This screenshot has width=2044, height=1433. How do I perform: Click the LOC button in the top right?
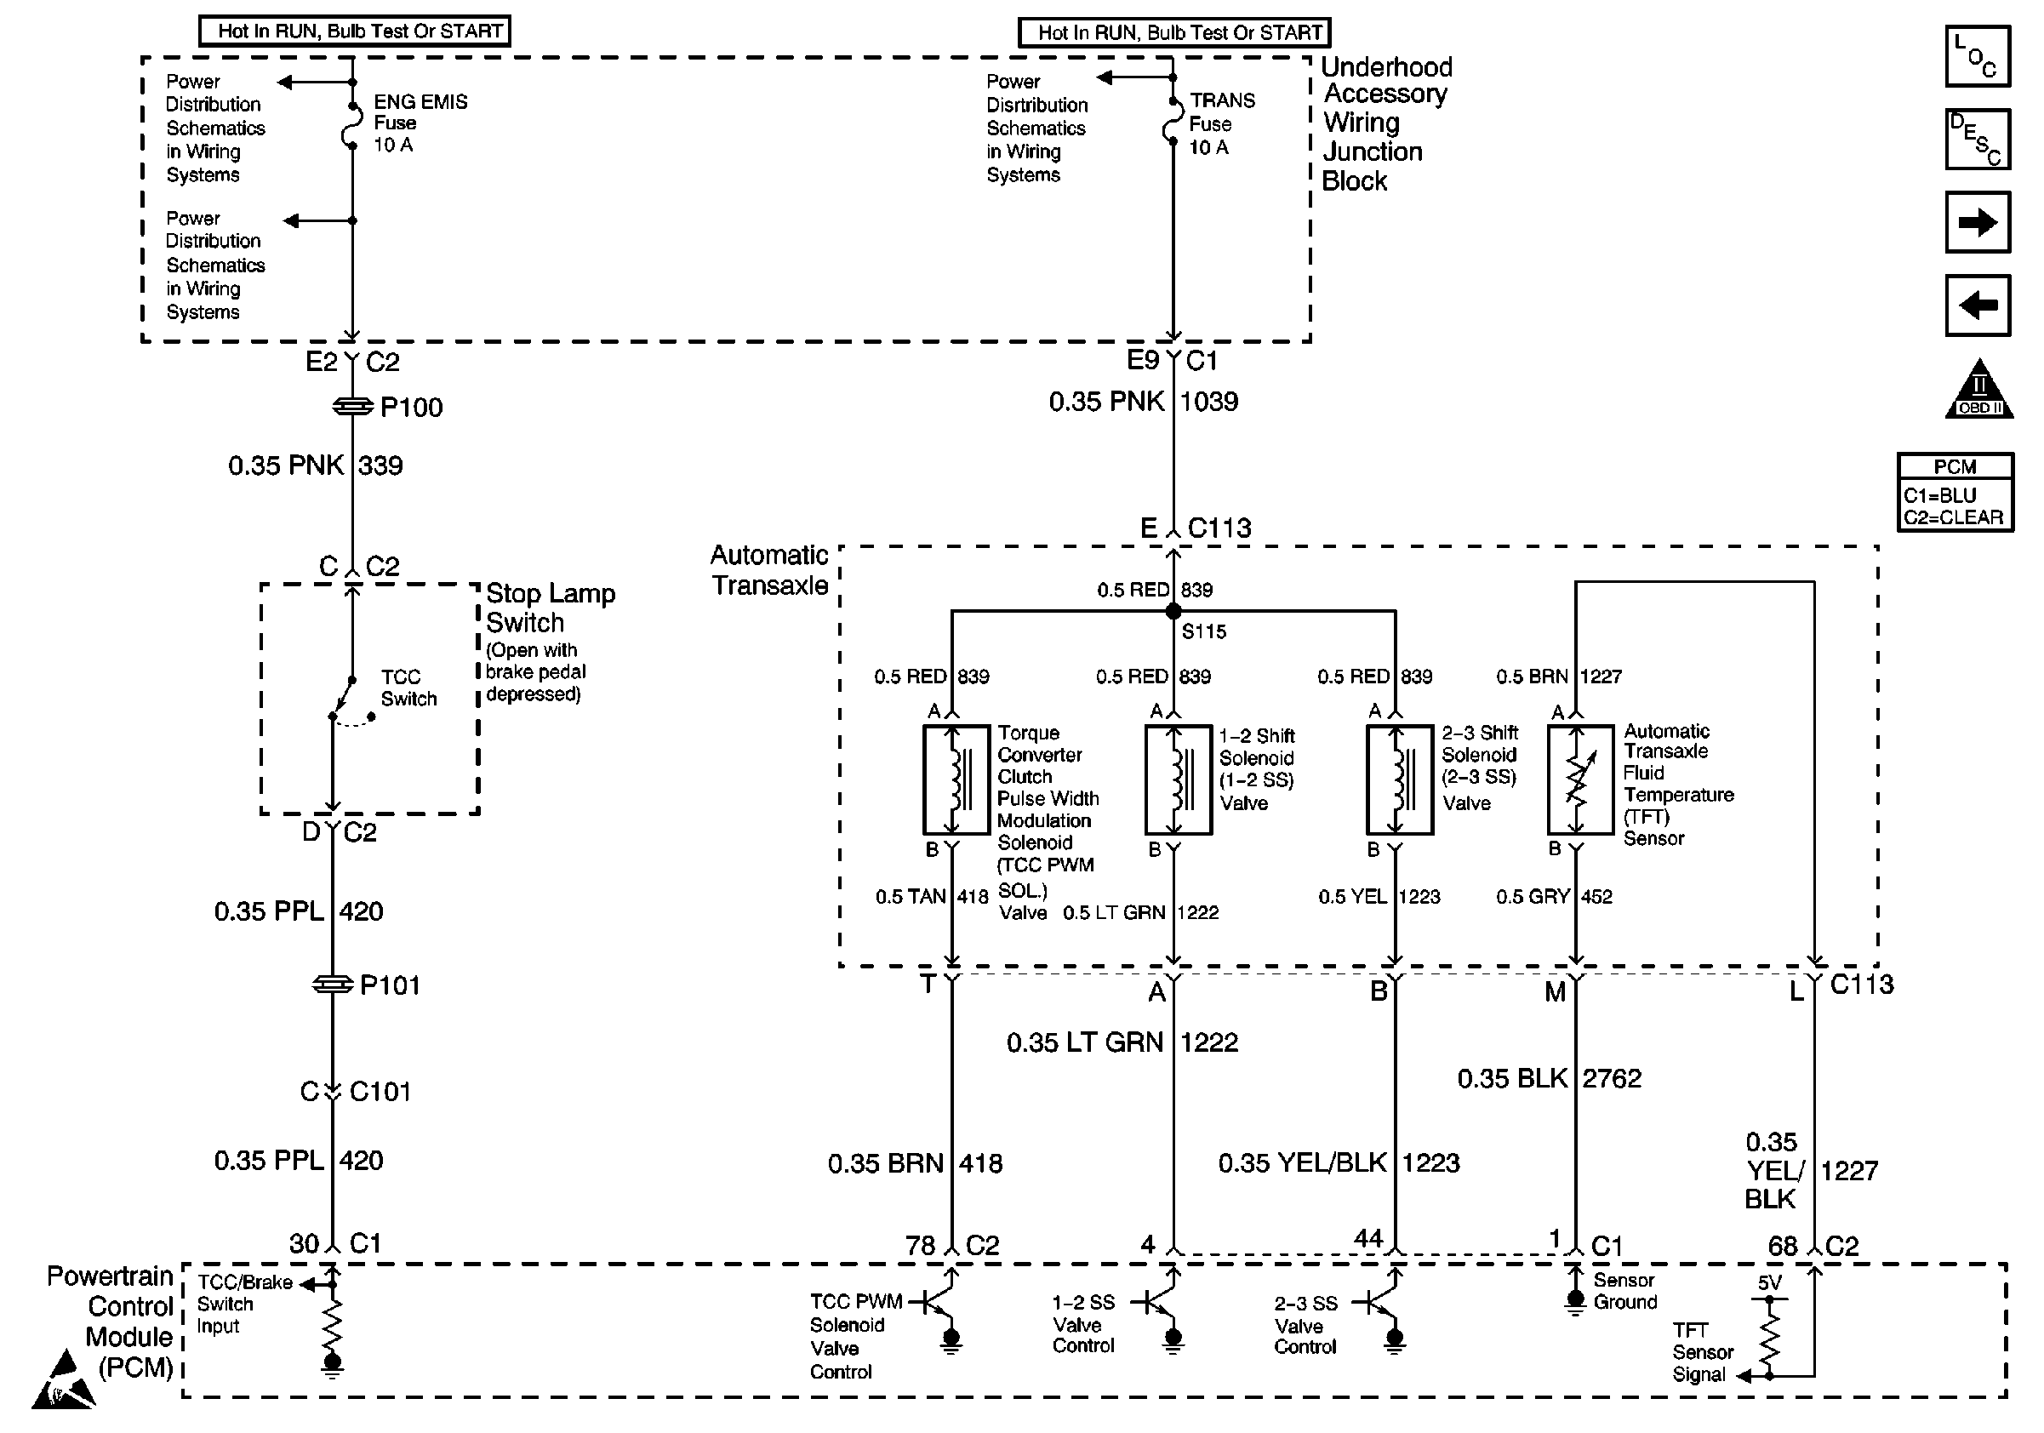pos(1978,56)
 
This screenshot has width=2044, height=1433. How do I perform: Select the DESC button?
pos(1978,139)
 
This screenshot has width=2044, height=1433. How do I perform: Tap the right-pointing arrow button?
pos(1978,221)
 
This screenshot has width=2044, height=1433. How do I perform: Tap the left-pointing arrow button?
pos(1978,305)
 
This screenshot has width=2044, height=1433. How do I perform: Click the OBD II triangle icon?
pos(1979,391)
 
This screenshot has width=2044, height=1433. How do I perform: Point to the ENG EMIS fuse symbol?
pos(352,128)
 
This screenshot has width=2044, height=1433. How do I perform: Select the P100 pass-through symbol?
pos(352,407)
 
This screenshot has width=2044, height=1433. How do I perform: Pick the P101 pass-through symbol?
pos(332,985)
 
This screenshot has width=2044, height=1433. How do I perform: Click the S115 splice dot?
pos(1173,612)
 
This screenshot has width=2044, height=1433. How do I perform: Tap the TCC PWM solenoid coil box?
pos(956,779)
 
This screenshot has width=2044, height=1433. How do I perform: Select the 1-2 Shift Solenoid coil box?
pos(1178,779)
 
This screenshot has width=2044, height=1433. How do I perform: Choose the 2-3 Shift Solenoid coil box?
pos(1400,779)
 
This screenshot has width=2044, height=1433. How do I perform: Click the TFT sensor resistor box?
pos(1580,779)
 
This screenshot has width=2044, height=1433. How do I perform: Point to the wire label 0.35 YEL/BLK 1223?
pos(1338,1162)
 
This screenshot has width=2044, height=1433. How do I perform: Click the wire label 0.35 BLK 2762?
pos(1548,1079)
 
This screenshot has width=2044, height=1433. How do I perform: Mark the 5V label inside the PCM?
pos(1770,1282)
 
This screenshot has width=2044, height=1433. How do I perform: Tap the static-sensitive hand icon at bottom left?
pos(62,1380)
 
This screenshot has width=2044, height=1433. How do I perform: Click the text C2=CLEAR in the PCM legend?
pos(1953,517)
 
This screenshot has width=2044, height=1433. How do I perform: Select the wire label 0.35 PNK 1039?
pos(1143,402)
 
